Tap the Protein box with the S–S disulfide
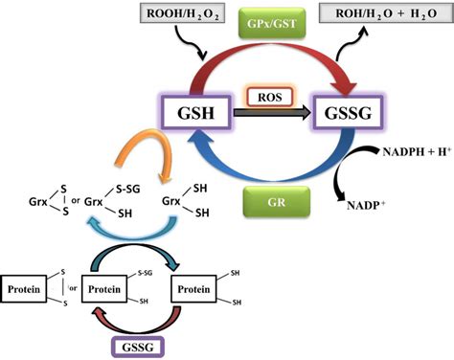click(x=28, y=287)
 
